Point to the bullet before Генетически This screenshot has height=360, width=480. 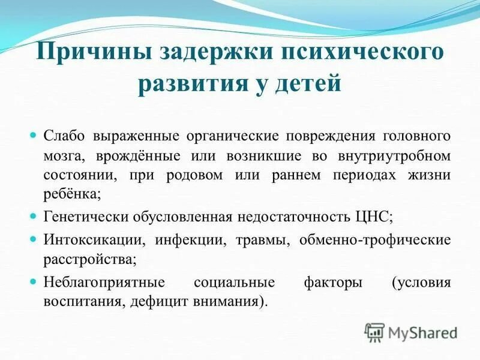(x=34, y=215)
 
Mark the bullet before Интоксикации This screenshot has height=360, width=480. (x=34, y=239)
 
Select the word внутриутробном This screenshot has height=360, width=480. (x=400, y=156)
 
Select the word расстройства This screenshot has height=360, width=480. (x=89, y=260)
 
